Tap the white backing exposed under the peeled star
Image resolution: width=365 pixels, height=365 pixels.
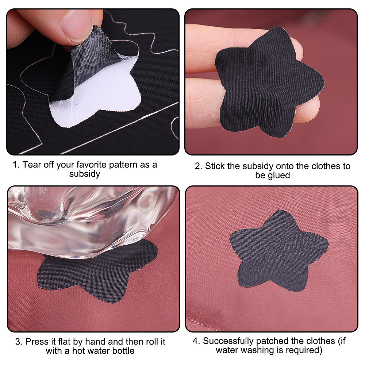(x=103, y=98)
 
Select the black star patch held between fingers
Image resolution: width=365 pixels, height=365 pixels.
(x=270, y=82)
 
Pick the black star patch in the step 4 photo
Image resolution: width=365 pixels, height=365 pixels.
(x=279, y=251)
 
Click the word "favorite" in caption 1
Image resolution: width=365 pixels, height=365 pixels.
(x=92, y=165)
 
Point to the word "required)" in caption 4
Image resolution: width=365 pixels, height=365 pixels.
(x=304, y=350)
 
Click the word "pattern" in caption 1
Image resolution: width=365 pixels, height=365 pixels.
(x=123, y=165)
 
